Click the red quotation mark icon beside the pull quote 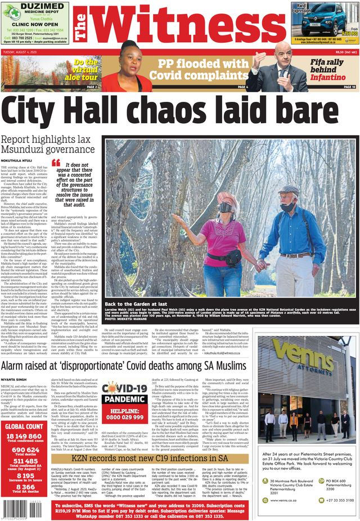[x=55, y=163]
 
